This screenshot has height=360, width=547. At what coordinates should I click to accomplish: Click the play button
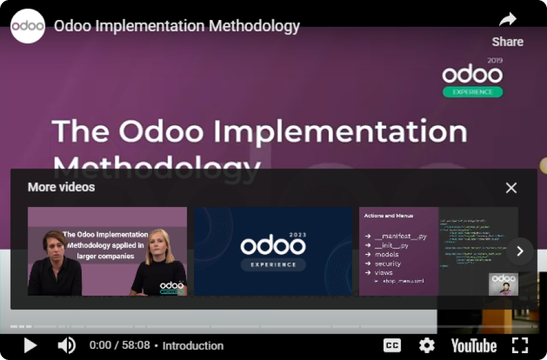coord(30,345)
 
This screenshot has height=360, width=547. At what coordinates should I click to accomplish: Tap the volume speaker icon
coord(66,345)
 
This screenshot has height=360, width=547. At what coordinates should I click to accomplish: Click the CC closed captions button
coord(392,345)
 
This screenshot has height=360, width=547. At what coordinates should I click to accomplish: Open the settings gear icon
coord(427,345)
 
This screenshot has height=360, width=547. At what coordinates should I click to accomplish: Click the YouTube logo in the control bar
coord(473,345)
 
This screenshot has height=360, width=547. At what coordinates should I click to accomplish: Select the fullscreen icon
coord(520,345)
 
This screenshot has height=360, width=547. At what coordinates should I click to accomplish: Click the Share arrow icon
coord(508,20)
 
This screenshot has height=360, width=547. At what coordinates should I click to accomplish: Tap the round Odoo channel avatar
coord(27,26)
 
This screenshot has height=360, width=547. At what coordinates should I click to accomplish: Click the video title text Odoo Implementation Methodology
coord(177,26)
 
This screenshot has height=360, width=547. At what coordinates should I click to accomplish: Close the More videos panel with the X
coord(511,188)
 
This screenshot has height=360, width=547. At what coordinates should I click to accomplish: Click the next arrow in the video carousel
coord(520,251)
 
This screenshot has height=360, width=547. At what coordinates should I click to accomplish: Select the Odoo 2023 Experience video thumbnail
coord(273,251)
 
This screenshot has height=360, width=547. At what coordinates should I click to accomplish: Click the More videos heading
coord(61,187)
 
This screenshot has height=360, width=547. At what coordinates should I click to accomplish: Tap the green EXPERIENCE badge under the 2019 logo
coord(472,92)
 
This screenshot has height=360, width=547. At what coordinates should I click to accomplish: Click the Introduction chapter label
coord(193,346)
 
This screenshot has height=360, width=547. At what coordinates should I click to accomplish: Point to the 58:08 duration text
coord(137,346)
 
